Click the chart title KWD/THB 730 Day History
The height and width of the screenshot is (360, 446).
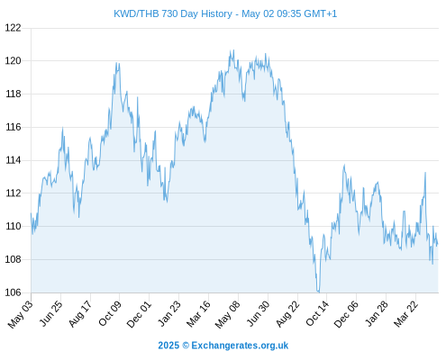click(x=173, y=13)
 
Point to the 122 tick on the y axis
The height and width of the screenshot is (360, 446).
click(x=14, y=28)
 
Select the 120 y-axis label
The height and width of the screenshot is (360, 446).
click(x=14, y=61)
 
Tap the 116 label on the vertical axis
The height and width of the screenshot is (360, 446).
click(x=14, y=127)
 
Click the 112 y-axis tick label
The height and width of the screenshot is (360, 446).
click(x=14, y=193)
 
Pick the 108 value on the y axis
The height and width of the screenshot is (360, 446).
click(x=14, y=259)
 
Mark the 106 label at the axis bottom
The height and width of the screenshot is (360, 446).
click(x=14, y=292)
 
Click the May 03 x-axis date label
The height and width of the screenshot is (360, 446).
click(x=20, y=314)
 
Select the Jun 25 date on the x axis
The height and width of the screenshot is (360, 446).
click(x=51, y=313)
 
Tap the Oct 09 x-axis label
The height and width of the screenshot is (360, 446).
click(x=110, y=313)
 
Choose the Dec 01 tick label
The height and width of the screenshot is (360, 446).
click(x=139, y=314)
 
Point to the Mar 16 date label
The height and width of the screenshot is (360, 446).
click(x=198, y=314)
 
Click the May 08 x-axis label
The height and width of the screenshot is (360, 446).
click(x=228, y=314)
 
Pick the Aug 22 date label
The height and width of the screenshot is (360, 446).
click(x=287, y=313)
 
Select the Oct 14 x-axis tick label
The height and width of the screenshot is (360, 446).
click(x=317, y=313)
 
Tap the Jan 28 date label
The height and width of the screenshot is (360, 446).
click(x=377, y=313)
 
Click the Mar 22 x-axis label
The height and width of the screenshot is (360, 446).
click(x=405, y=313)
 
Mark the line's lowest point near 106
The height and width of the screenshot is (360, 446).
click(x=318, y=292)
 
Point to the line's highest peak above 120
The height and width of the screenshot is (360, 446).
click(x=233, y=50)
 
